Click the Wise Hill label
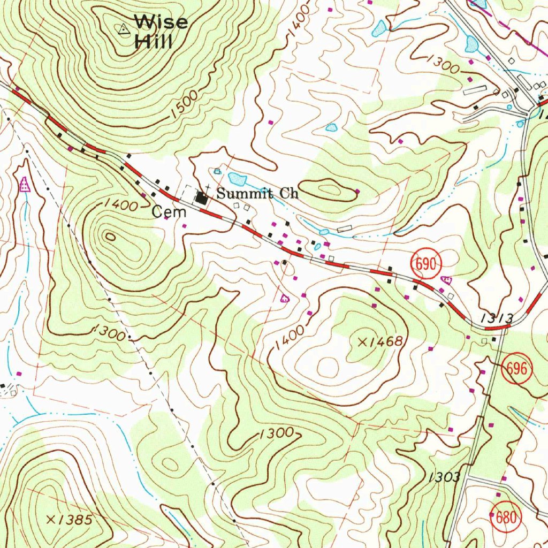161,32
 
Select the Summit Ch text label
257,193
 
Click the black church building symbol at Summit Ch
202,199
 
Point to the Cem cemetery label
169,212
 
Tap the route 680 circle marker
506,517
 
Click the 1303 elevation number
444,477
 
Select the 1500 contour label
185,105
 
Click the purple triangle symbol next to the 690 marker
446,279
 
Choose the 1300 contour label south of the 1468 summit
275,433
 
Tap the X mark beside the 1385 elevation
51,519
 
